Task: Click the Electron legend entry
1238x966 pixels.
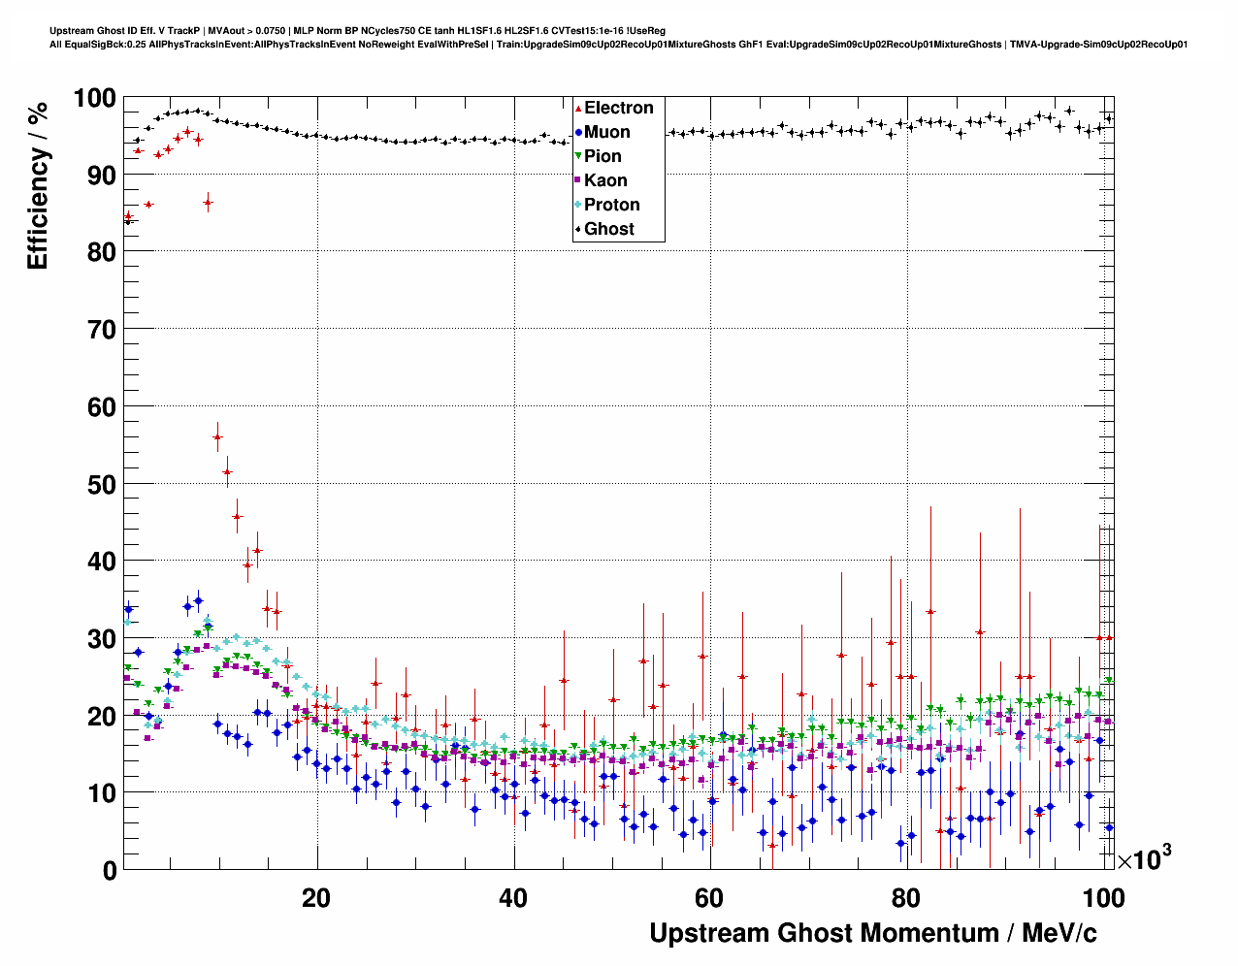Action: tap(618, 108)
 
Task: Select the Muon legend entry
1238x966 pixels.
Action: tap(606, 132)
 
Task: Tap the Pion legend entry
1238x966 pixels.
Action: tap(603, 156)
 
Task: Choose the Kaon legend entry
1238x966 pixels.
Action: tap(605, 180)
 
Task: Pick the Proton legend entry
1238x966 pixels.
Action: tap(611, 205)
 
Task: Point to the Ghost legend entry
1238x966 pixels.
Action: tap(608, 229)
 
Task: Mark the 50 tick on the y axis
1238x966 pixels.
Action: tap(102, 484)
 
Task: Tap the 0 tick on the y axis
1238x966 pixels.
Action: tap(110, 870)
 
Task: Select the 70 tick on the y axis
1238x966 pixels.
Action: tap(102, 330)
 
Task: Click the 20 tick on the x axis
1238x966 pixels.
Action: tap(316, 898)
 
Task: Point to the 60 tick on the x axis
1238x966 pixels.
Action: tap(709, 898)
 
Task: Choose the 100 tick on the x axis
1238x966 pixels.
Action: tap(1104, 898)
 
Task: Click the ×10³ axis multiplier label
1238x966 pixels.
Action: tap(1145, 858)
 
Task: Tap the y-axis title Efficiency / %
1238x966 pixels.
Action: tap(38, 185)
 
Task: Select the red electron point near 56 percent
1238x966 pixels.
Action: tap(217, 437)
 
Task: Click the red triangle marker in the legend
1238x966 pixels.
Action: tap(578, 108)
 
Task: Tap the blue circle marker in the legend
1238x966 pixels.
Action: tap(578, 132)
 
